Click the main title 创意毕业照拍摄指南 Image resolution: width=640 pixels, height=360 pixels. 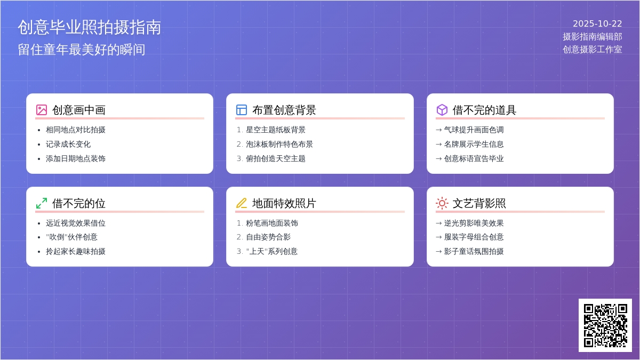(x=89, y=28)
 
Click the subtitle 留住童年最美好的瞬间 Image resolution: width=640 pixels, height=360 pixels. (x=82, y=50)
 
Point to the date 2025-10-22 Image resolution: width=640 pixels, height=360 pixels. (x=597, y=24)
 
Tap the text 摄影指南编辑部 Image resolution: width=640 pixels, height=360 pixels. (x=592, y=37)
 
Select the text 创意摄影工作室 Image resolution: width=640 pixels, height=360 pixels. (x=592, y=50)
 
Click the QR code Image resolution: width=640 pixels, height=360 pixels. (x=605, y=325)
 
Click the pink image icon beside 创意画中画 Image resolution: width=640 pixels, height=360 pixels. (x=42, y=110)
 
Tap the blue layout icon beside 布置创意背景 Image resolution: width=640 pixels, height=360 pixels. (x=242, y=110)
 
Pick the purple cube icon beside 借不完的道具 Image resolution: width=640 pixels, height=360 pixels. (x=442, y=110)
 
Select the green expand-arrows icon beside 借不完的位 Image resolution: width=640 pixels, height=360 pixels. (x=42, y=203)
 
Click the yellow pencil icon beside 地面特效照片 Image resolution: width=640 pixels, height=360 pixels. (x=242, y=203)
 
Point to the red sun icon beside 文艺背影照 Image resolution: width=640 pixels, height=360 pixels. (x=442, y=203)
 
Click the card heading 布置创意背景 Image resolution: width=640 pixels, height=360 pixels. (x=284, y=110)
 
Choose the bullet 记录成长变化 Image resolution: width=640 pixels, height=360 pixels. (x=68, y=144)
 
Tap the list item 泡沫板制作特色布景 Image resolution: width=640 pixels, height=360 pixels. (x=279, y=144)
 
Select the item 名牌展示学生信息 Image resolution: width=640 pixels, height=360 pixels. (x=474, y=144)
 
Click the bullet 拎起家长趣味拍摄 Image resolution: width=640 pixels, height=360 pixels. (x=76, y=251)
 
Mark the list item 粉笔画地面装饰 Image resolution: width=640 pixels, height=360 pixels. (x=272, y=223)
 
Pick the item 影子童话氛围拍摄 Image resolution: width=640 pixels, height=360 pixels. (x=474, y=251)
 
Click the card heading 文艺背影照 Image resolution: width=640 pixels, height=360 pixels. (x=479, y=203)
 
